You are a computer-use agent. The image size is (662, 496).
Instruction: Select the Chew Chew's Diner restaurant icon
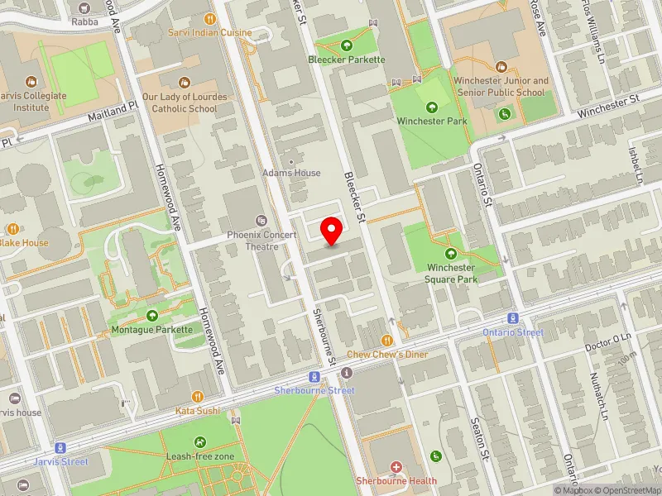click(x=386, y=340)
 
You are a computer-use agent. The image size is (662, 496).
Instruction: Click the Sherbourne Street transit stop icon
click(x=314, y=377)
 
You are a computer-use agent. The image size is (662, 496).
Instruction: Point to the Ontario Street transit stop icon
click(x=513, y=318)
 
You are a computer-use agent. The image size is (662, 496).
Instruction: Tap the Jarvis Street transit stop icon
click(x=60, y=447)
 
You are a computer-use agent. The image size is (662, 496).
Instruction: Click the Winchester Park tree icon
click(x=431, y=107)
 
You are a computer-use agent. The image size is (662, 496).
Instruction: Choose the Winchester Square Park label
click(x=452, y=273)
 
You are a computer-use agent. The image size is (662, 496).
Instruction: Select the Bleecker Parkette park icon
click(x=346, y=45)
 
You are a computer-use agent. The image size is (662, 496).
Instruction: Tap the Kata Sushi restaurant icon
click(x=197, y=397)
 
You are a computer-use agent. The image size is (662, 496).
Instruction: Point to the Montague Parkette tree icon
click(x=152, y=315)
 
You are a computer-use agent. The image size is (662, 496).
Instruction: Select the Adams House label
click(x=290, y=173)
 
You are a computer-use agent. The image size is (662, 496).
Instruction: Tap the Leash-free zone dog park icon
click(x=201, y=442)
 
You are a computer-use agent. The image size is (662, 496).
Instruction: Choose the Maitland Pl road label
click(x=113, y=112)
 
